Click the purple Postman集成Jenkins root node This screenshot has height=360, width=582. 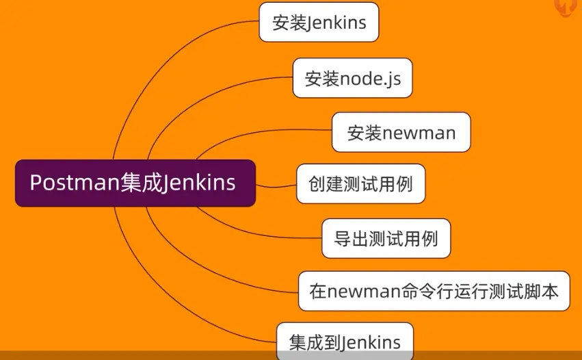(x=135, y=183)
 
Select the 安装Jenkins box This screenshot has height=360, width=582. (x=319, y=23)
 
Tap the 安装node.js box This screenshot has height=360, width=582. (x=352, y=78)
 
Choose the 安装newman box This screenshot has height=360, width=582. (x=401, y=132)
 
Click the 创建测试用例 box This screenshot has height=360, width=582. (x=360, y=183)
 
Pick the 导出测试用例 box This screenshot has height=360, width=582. (x=386, y=238)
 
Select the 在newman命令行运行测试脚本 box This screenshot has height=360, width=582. (x=434, y=291)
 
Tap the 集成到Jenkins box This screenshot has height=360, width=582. (x=345, y=341)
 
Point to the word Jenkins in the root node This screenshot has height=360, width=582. (x=200, y=183)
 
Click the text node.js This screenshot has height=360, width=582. (x=371, y=79)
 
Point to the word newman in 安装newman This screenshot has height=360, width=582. (x=419, y=132)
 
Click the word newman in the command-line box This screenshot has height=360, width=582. (x=364, y=292)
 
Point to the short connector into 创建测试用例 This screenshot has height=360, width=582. (x=276, y=184)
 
